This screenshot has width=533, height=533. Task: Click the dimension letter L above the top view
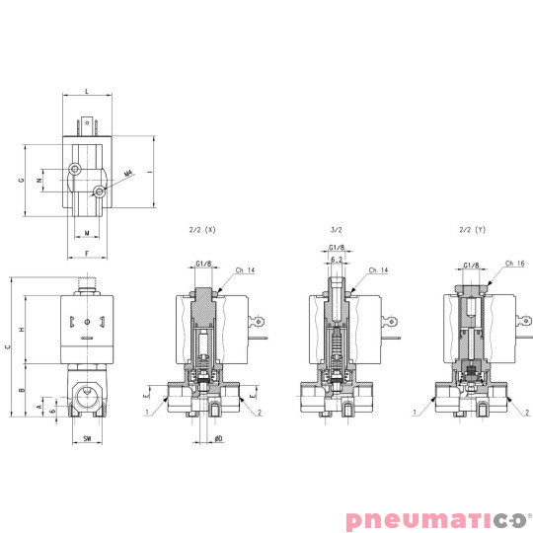(87, 91)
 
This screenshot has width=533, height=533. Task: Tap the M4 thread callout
(128, 174)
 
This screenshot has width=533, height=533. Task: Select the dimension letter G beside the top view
(20, 181)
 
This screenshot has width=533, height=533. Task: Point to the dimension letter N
(38, 181)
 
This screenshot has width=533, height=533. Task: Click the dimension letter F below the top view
(87, 254)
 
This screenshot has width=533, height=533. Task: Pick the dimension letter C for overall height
(7, 345)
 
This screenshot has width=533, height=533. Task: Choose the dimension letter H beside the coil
(20, 329)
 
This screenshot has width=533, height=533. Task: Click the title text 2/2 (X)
(201, 230)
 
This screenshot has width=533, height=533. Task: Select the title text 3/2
(336, 230)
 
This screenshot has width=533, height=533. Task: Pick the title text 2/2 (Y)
(473, 230)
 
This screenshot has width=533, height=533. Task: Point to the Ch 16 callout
(513, 264)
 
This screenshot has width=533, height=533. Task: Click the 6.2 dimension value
(336, 259)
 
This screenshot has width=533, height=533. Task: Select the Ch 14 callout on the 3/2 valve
(378, 269)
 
